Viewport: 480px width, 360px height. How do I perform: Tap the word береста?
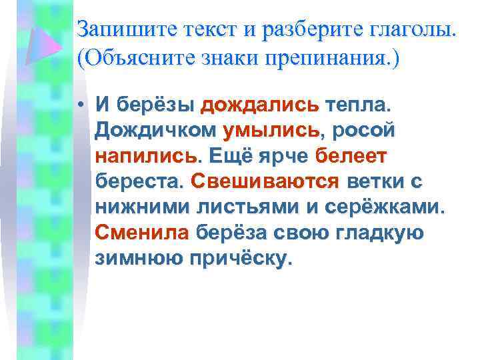[x=139, y=181]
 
